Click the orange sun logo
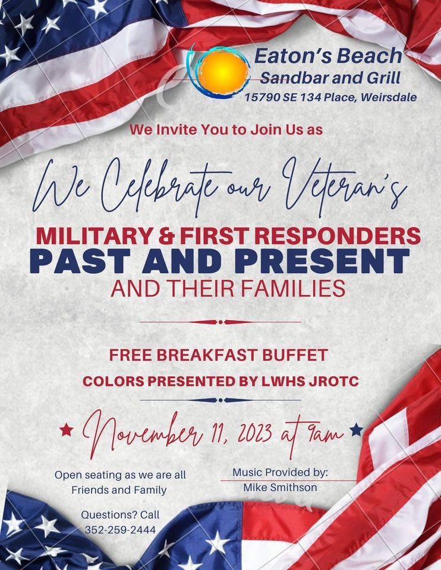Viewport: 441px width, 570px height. click(223, 71)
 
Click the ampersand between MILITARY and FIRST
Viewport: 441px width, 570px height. click(160, 236)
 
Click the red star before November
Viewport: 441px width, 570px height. click(67, 429)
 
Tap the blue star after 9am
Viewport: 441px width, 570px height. click(356, 429)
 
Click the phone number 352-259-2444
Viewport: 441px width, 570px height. click(121, 529)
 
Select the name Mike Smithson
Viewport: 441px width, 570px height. click(281, 487)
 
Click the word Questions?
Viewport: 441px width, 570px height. click(104, 515)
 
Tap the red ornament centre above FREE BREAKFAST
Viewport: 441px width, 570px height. click(220, 322)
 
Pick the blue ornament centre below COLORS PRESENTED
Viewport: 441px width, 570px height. click(220, 400)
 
